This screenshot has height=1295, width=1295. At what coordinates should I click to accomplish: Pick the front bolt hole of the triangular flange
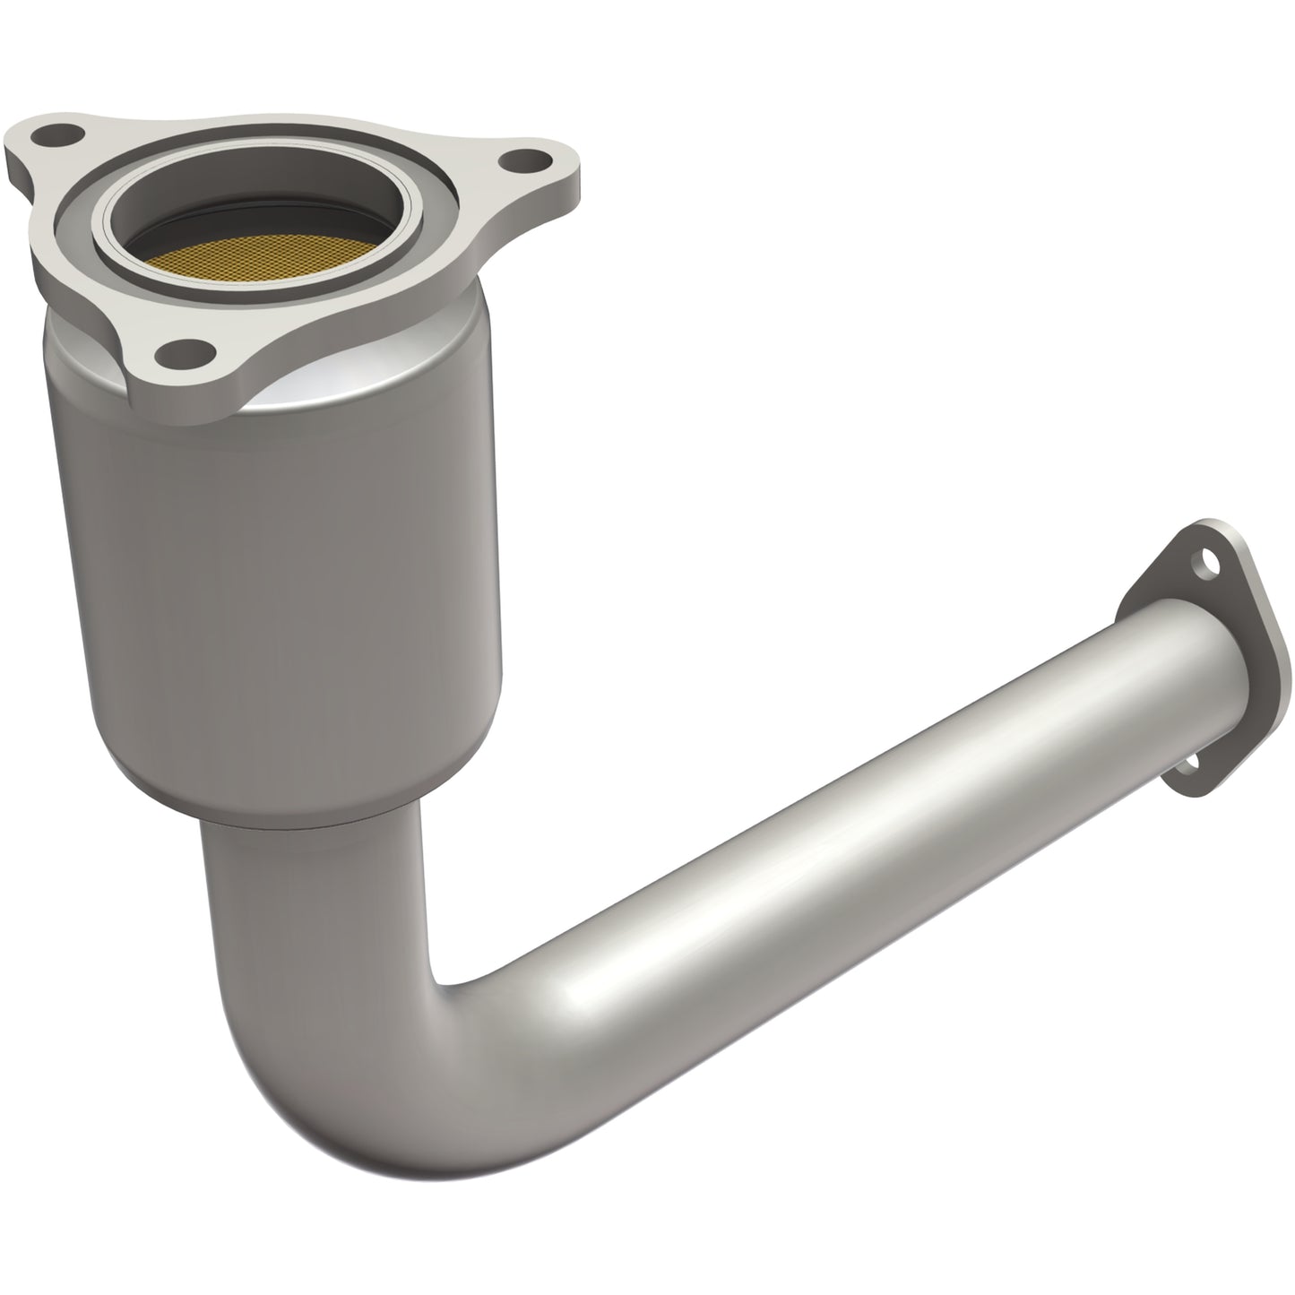189,350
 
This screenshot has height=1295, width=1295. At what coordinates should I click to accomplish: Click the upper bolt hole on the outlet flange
1212,565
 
